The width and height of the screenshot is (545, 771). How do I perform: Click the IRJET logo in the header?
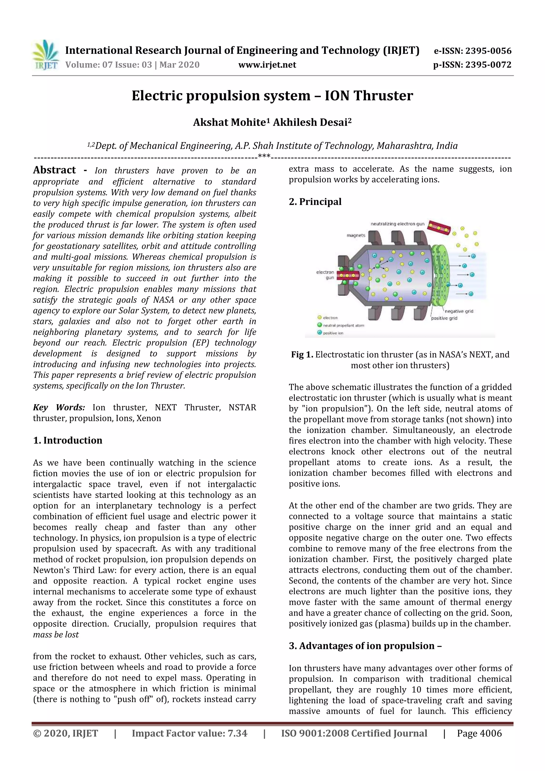coord(45,55)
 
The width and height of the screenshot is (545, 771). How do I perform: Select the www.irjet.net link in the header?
coord(267,65)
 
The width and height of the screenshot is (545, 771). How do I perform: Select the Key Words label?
coord(59,407)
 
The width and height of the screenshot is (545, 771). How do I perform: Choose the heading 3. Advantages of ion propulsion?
coord(365,646)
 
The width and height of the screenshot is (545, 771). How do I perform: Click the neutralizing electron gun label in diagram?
coord(397,224)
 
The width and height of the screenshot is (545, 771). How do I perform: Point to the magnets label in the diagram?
coord(356,235)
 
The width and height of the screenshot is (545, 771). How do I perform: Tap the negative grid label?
coord(459,311)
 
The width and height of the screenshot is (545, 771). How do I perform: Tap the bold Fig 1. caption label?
coord(302,355)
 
